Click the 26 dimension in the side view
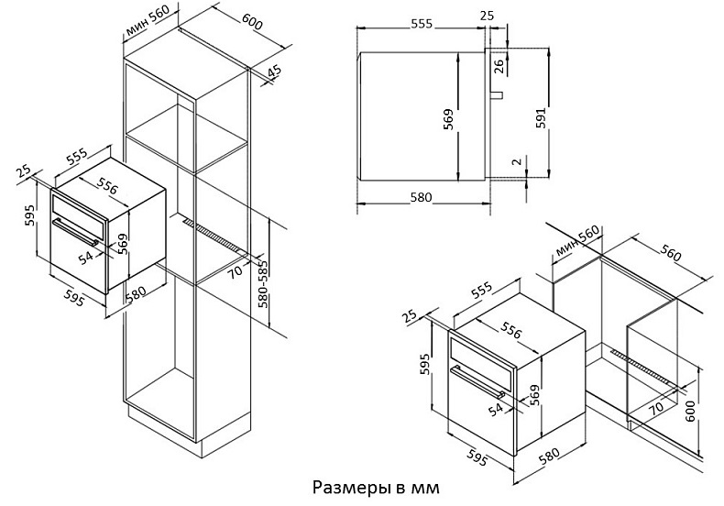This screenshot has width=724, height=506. pos(499,65)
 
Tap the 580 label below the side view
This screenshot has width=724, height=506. pos(422,198)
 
